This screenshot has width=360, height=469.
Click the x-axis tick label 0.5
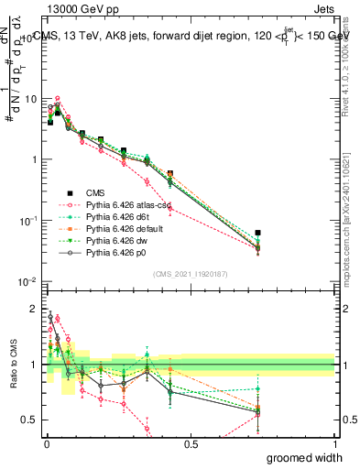(190, 444)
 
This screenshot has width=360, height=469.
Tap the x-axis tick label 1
(333, 444)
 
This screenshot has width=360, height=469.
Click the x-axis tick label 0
(47, 444)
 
